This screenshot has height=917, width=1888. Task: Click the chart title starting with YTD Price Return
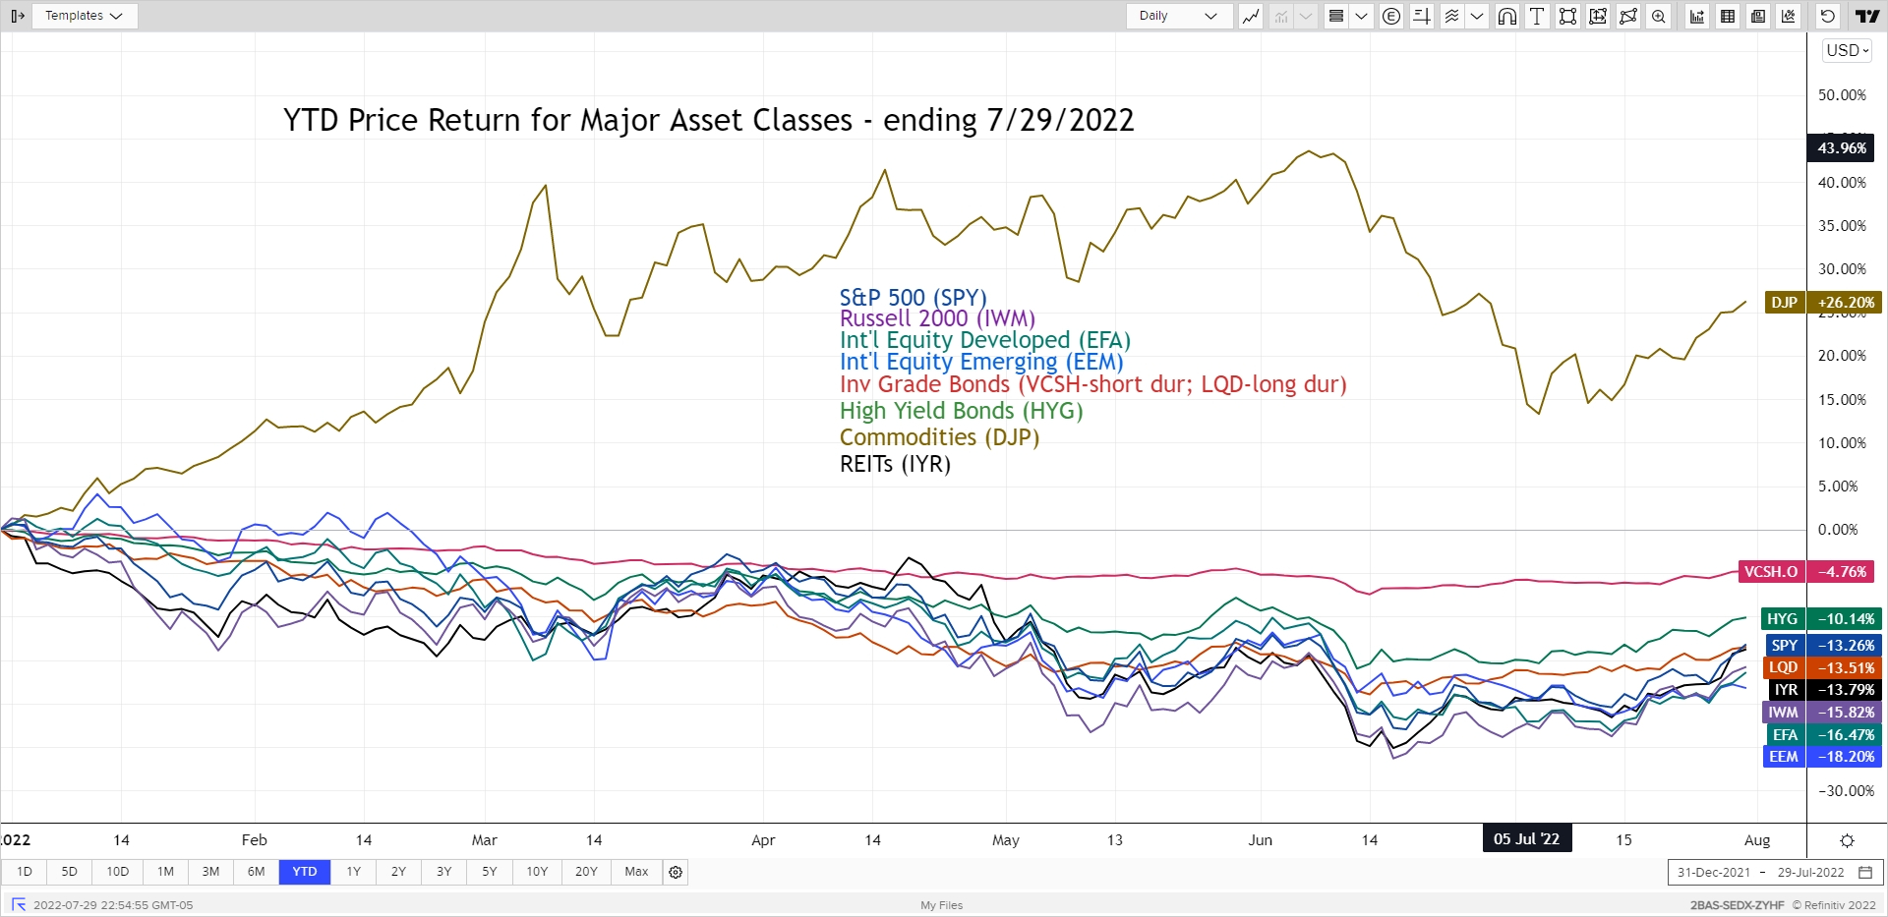pos(708,120)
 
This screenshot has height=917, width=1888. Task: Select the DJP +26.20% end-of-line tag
pos(1823,303)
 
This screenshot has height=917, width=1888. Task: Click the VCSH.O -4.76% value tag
pos(1807,572)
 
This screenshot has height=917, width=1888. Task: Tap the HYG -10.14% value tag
pos(1821,619)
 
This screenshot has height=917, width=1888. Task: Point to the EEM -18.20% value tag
pos(1821,757)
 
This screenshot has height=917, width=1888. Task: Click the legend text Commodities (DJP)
pos(939,437)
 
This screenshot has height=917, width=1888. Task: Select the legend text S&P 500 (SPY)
pos(913,297)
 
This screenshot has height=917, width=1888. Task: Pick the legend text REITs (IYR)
pos(895,464)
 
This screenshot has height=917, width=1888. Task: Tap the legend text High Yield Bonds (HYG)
pos(961,411)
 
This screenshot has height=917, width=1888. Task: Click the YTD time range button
pos(305,872)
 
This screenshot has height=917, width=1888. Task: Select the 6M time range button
pos(256,872)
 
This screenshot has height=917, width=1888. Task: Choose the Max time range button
pos(636,872)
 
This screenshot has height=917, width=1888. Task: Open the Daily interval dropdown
pos(1178,16)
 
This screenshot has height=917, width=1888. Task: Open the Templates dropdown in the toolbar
pos(84,16)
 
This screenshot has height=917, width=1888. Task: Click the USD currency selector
pos(1847,50)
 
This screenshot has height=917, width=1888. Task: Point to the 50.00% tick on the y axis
pos(1841,95)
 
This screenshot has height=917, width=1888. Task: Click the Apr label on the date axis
pos(763,840)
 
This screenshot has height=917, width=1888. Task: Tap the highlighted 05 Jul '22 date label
pos(1526,839)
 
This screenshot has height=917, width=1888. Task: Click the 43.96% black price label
pos(1841,148)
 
